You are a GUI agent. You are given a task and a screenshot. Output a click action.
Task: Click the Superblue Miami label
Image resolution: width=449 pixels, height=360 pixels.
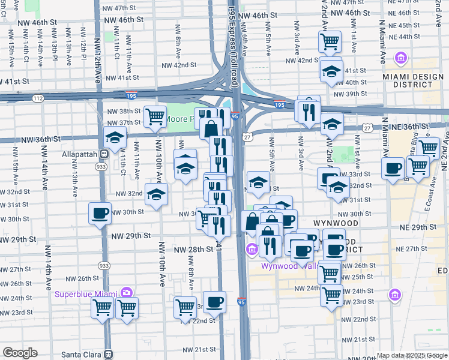[86, 293]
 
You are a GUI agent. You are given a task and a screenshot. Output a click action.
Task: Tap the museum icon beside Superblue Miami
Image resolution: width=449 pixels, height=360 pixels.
[126, 293]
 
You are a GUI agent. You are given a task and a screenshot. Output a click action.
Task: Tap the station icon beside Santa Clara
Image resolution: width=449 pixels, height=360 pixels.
[108, 354]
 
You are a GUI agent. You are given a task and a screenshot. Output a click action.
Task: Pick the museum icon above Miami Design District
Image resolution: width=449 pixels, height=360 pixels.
[400, 58]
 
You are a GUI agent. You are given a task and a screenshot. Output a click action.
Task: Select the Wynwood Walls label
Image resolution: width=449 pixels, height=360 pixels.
[288, 266]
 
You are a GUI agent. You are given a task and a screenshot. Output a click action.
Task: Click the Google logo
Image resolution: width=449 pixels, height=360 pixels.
[20, 353]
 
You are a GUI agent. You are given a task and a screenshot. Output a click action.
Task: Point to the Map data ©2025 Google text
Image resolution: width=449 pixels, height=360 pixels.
[411, 355]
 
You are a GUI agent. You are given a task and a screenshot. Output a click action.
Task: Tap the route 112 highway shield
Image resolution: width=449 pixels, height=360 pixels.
[39, 98]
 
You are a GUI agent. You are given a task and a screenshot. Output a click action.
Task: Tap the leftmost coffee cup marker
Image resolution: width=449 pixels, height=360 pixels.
[100, 214]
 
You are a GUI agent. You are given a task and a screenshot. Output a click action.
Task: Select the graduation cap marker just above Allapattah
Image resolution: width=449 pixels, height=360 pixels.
[115, 137]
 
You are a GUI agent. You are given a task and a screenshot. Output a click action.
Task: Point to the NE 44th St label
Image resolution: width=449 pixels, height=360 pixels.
[408, 37]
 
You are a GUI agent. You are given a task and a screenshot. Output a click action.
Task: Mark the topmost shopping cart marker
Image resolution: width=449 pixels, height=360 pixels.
[330, 41]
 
